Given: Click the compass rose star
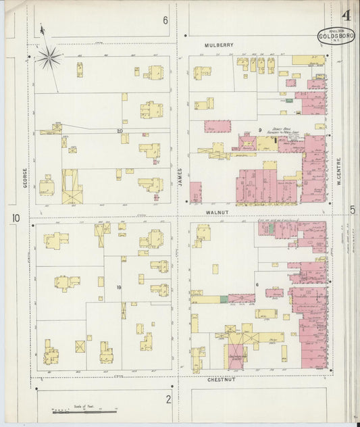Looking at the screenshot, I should [x=49, y=57].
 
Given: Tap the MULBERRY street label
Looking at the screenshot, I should [x=218, y=45].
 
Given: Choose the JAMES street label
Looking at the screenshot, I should [x=180, y=176].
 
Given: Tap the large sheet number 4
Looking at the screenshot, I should [x=346, y=16].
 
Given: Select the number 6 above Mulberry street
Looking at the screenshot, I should [x=165, y=20].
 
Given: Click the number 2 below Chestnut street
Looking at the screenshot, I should [x=168, y=399].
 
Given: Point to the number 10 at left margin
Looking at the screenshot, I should [x=16, y=218].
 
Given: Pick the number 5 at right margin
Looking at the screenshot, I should [x=353, y=210].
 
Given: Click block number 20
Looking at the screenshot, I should [x=119, y=130].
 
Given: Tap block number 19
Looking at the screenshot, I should [x=118, y=288].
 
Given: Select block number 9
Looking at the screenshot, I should [x=259, y=129].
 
